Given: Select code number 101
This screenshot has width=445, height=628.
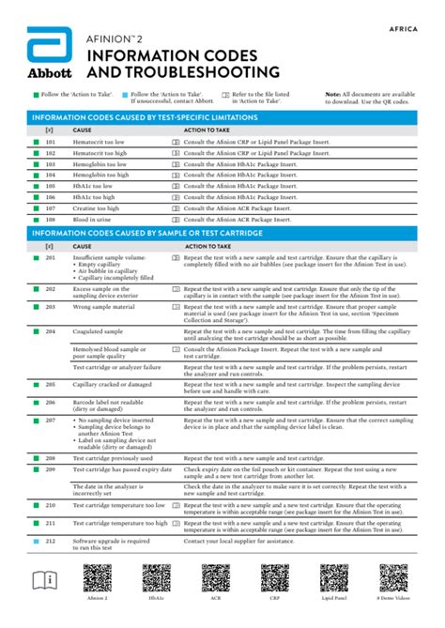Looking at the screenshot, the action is click(x=51, y=141).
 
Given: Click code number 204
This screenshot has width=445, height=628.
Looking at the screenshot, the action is click(x=51, y=331).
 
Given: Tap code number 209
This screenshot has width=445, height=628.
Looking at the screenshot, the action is click(x=51, y=468).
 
